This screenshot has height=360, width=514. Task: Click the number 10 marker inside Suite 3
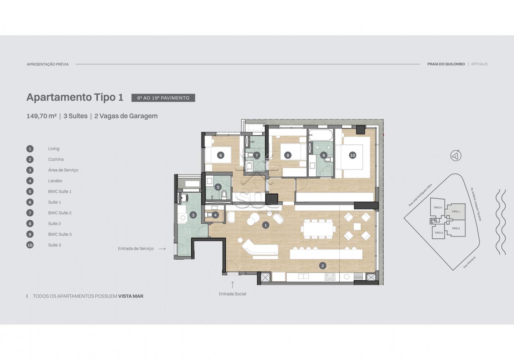(352, 155)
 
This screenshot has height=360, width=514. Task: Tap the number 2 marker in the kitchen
(323, 266)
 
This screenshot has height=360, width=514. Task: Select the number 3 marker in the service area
(193, 215)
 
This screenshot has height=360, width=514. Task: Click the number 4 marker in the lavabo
(215, 215)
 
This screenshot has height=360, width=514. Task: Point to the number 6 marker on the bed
(221, 155)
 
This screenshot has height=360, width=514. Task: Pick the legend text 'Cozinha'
(56, 159)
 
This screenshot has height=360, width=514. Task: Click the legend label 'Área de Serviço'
(63, 170)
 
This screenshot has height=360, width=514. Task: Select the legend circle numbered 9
(30, 234)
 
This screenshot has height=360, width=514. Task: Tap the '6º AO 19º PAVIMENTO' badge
(163, 98)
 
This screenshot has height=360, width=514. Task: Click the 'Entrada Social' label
(232, 294)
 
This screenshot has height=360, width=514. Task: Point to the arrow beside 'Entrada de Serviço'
(162, 249)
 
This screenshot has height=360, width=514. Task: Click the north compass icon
(456, 156)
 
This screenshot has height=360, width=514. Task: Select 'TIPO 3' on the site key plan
(439, 233)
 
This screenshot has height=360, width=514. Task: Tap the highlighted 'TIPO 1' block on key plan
(456, 212)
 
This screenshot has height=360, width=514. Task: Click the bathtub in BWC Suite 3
(320, 135)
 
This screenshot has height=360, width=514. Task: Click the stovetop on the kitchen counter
(330, 277)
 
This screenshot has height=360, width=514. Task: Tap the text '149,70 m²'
(41, 116)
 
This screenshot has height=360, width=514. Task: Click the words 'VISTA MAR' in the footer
(131, 296)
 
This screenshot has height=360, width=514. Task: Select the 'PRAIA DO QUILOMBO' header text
(446, 64)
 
